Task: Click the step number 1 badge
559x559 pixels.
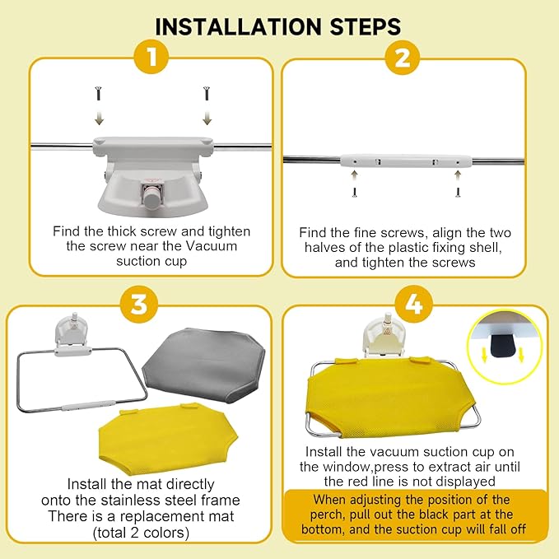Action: click(151, 57)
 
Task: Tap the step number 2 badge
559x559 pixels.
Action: click(403, 57)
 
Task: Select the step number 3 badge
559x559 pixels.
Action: click(139, 305)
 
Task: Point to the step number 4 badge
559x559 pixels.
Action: click(414, 305)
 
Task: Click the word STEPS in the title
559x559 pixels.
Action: click(366, 26)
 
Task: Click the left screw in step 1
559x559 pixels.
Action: click(99, 93)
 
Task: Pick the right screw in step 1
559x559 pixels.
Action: click(206, 93)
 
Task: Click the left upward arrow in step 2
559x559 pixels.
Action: click(354, 175)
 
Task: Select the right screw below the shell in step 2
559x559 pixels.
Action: click(458, 193)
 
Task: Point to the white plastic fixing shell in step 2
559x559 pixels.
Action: click(407, 161)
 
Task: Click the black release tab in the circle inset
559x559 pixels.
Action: click(503, 345)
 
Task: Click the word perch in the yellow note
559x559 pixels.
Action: click(328, 515)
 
